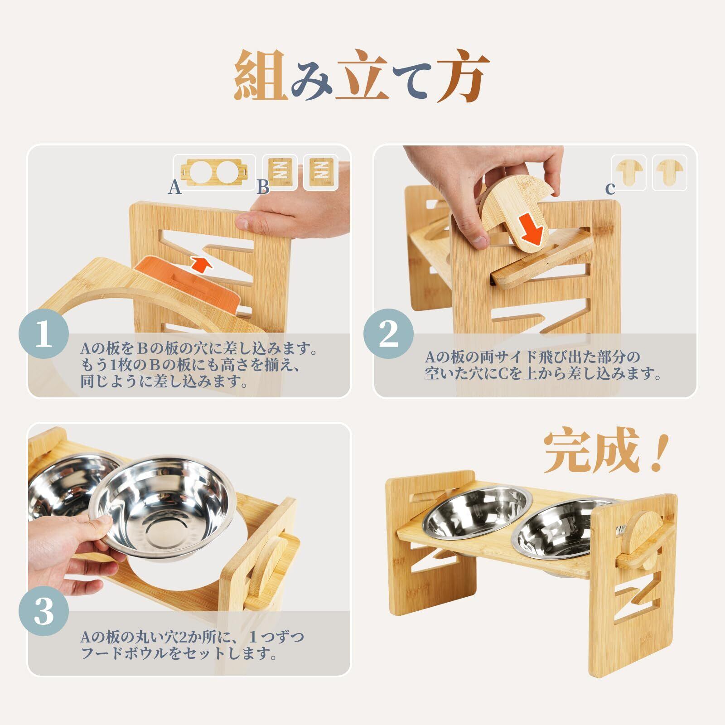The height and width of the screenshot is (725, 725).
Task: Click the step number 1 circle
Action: click(x=43, y=334)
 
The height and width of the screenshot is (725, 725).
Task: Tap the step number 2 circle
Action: click(x=388, y=334)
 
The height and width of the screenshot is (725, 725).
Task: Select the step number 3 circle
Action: click(x=43, y=612)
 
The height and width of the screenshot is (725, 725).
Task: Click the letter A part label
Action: click(x=174, y=187)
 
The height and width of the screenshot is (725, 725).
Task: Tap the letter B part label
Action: click(x=263, y=187)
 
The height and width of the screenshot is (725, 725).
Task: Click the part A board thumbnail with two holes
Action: click(x=213, y=172)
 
